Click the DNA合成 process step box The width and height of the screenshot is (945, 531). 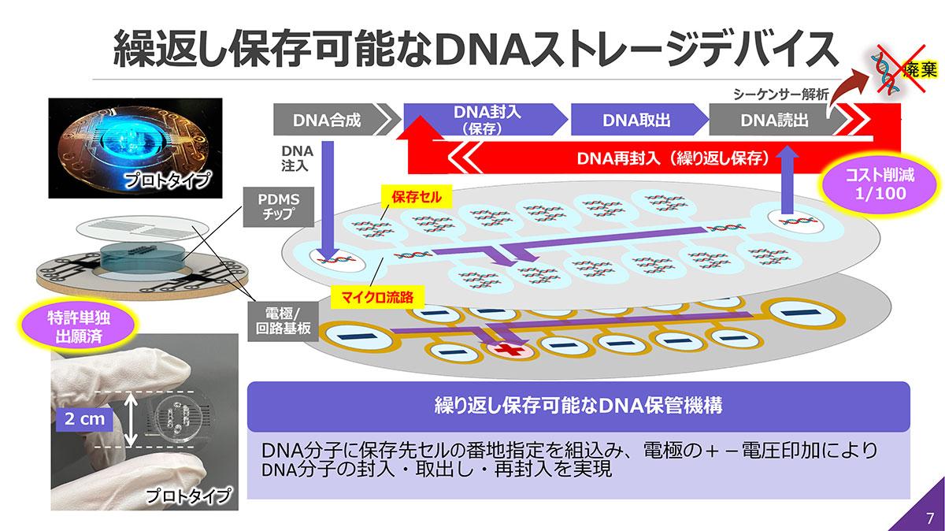(x=326, y=121)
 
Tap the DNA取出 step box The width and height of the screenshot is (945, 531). (x=636, y=121)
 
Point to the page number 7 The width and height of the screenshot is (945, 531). (x=929, y=518)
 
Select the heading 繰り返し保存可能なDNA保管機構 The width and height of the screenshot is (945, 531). (x=578, y=407)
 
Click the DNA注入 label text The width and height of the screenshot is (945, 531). (x=297, y=159)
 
